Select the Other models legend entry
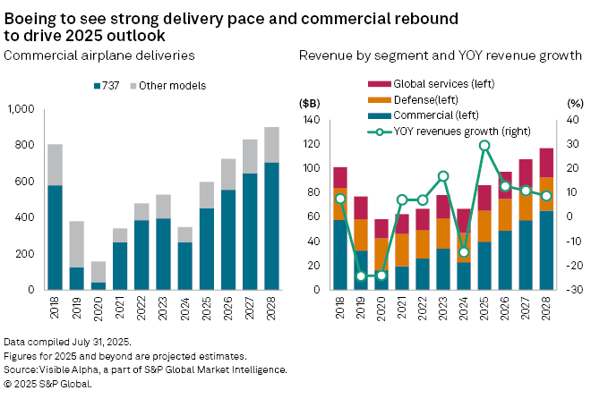tap(178, 86)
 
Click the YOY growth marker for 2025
tap(484, 145)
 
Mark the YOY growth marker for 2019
tap(360, 276)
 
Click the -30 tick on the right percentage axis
tap(570, 290)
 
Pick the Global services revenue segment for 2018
tap(339, 177)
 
